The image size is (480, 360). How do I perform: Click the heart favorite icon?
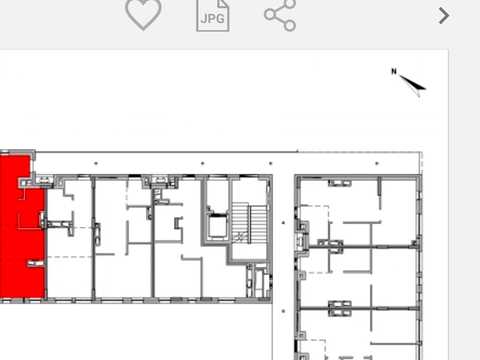coord(143,14)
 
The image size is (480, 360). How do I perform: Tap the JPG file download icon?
coord(213,16)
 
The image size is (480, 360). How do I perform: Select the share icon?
coord(280,15)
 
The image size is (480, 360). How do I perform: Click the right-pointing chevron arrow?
coord(444,16)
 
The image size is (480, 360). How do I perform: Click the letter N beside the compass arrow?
coord(394,71)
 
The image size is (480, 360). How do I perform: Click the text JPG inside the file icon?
coord(213,18)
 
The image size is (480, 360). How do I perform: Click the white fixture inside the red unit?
coord(35,263)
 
